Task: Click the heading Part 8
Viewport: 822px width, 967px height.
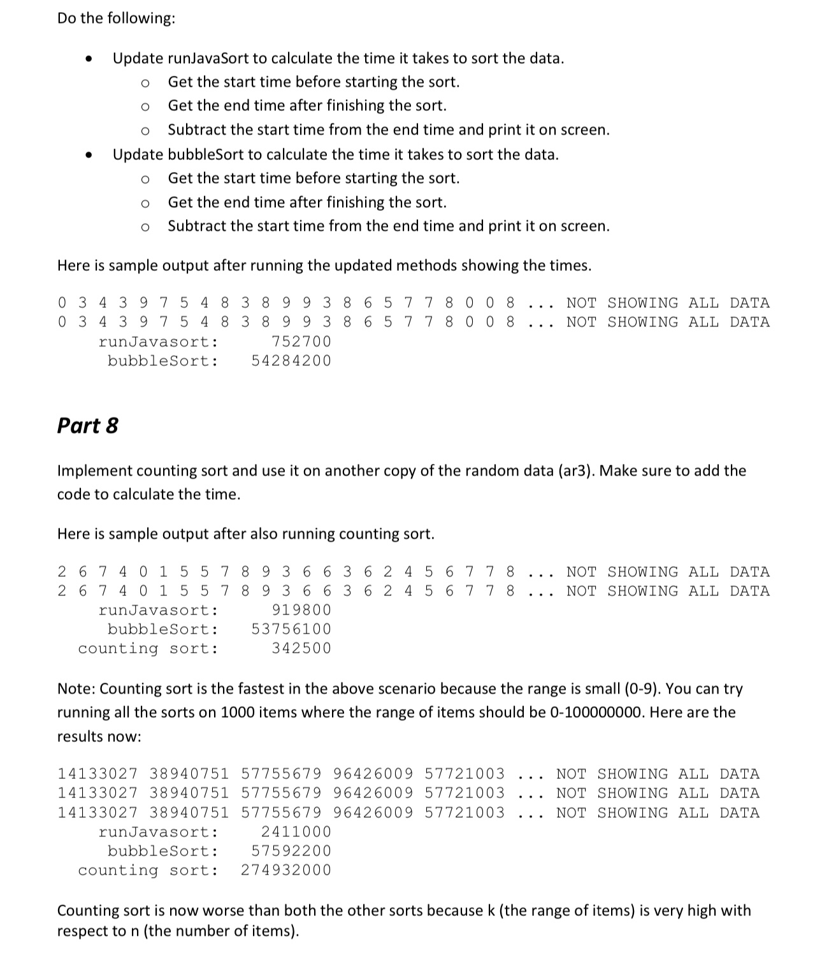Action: [x=87, y=425]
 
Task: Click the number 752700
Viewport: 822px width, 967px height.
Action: [x=301, y=342]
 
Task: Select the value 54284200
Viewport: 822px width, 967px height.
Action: [x=291, y=361]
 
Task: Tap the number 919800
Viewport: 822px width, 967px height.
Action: [x=301, y=610]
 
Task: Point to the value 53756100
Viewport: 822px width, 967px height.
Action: [x=291, y=629]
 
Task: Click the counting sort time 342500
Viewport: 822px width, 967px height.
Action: [x=301, y=648]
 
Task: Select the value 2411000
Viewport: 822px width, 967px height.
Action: [x=296, y=832]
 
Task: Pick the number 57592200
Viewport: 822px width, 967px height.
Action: [x=291, y=851]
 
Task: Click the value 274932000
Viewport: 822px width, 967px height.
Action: [x=286, y=870]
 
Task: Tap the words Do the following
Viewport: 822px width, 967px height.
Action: [x=116, y=18]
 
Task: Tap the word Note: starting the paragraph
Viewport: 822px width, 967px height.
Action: [x=76, y=689]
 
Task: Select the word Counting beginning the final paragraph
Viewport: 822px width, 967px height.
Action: [x=87, y=911]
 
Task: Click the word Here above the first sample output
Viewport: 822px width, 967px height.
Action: [x=73, y=266]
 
